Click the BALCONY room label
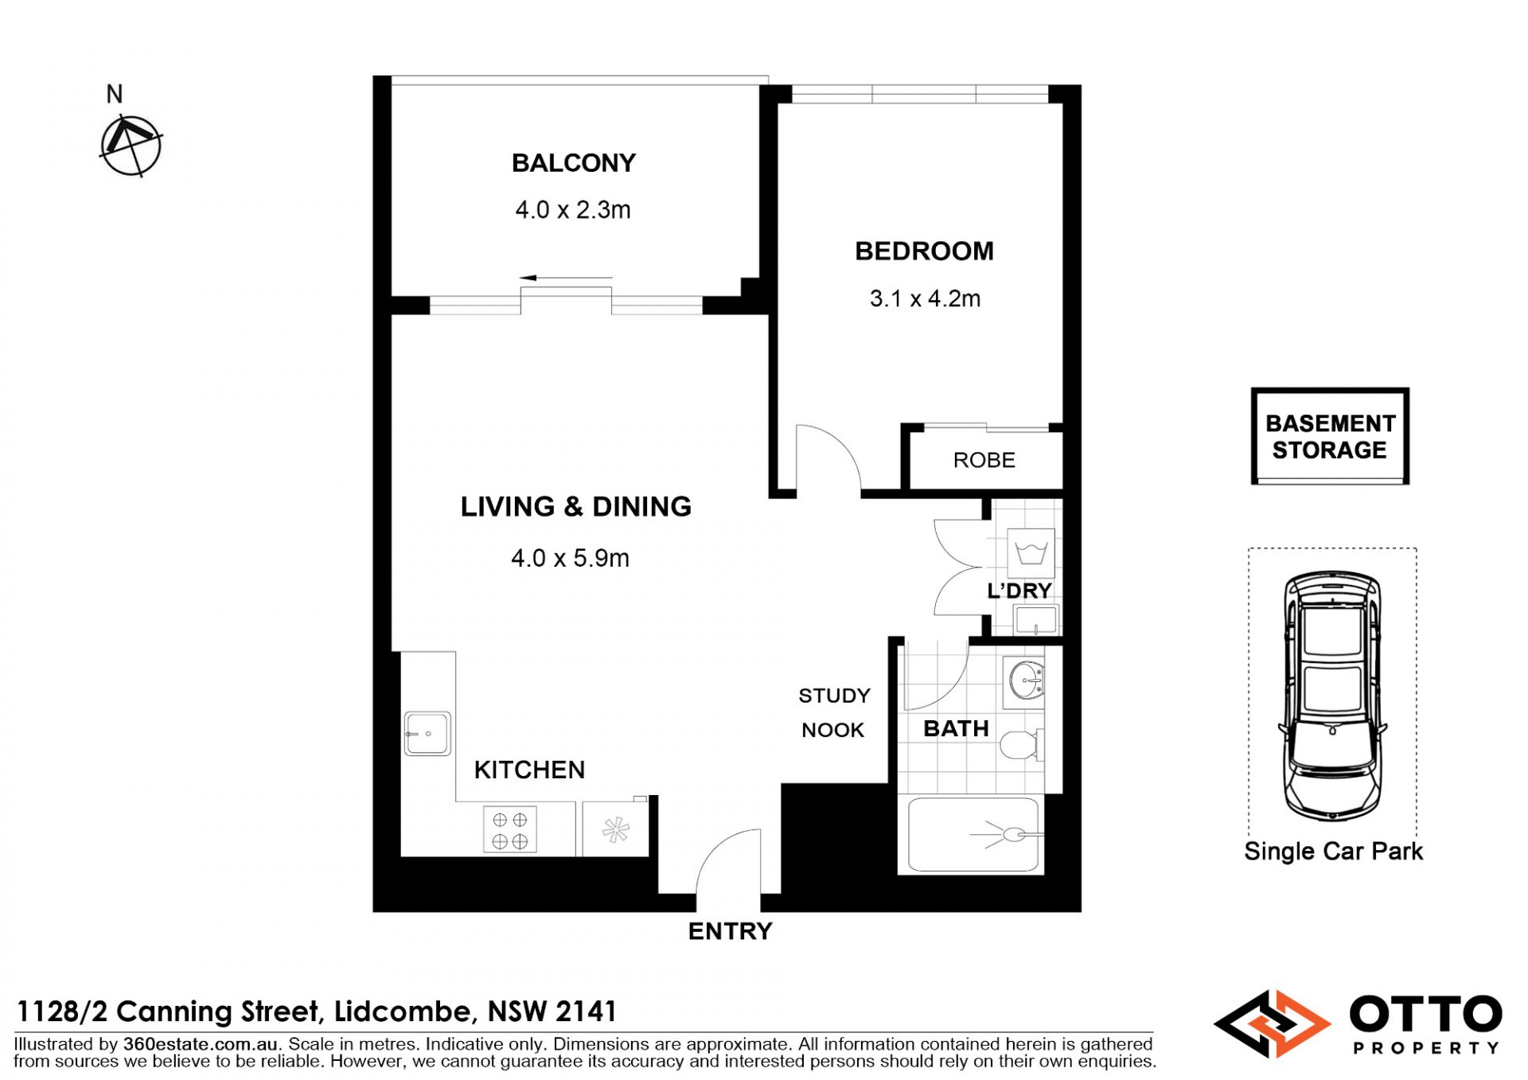(x=573, y=163)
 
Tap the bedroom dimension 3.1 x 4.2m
(x=925, y=298)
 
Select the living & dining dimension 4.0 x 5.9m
(x=570, y=558)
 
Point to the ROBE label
(x=984, y=460)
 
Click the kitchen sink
(x=427, y=733)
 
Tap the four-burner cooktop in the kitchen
(x=509, y=829)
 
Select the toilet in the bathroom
(x=1021, y=745)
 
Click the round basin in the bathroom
(x=1025, y=680)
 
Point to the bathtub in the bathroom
(x=973, y=834)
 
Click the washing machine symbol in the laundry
(x=1031, y=552)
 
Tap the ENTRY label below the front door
(x=730, y=931)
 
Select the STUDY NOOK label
(x=834, y=712)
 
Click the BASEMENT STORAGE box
(x=1330, y=436)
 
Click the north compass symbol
(x=131, y=146)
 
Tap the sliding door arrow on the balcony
(x=566, y=278)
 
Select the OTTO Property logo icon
(x=1272, y=1023)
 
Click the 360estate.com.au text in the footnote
(x=200, y=1044)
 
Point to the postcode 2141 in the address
(x=586, y=1012)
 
